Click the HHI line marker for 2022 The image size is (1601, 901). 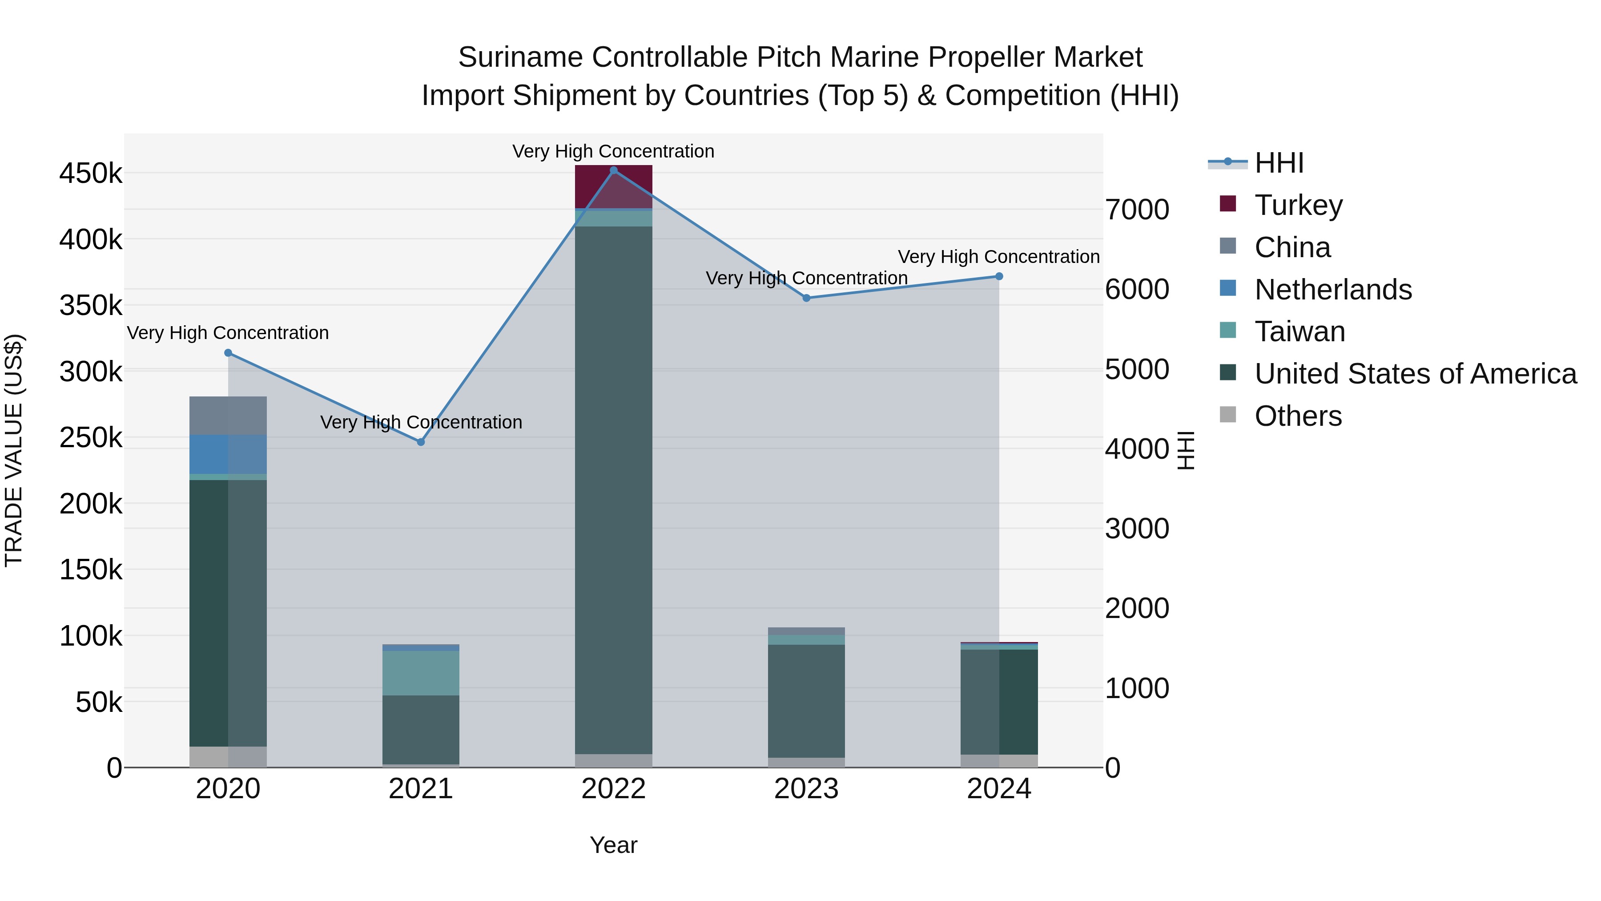pyautogui.click(x=613, y=170)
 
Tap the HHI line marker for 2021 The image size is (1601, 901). pyautogui.click(x=421, y=442)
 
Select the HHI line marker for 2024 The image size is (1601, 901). pyautogui.click(x=999, y=277)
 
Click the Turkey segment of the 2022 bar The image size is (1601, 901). pyautogui.click(x=613, y=186)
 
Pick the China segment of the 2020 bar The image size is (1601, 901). pyautogui.click(x=228, y=416)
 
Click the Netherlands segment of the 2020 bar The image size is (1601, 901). pyautogui.click(x=228, y=455)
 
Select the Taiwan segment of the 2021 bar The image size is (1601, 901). pyautogui.click(x=421, y=673)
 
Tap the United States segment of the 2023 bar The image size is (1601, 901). pyautogui.click(x=806, y=701)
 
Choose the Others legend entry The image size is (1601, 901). pyautogui.click(x=1298, y=416)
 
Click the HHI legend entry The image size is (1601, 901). pyautogui.click(x=1279, y=163)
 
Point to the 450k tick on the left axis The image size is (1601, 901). pyautogui.click(x=91, y=174)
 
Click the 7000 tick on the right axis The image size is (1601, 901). pyautogui.click(x=1137, y=210)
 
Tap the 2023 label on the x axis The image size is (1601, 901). pyautogui.click(x=806, y=789)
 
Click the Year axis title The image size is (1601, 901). pyautogui.click(x=613, y=845)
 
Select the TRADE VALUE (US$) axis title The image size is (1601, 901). pyautogui.click(x=14, y=450)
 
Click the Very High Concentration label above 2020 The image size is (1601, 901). pyautogui.click(x=228, y=333)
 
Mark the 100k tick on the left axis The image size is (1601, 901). pyautogui.click(x=91, y=636)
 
